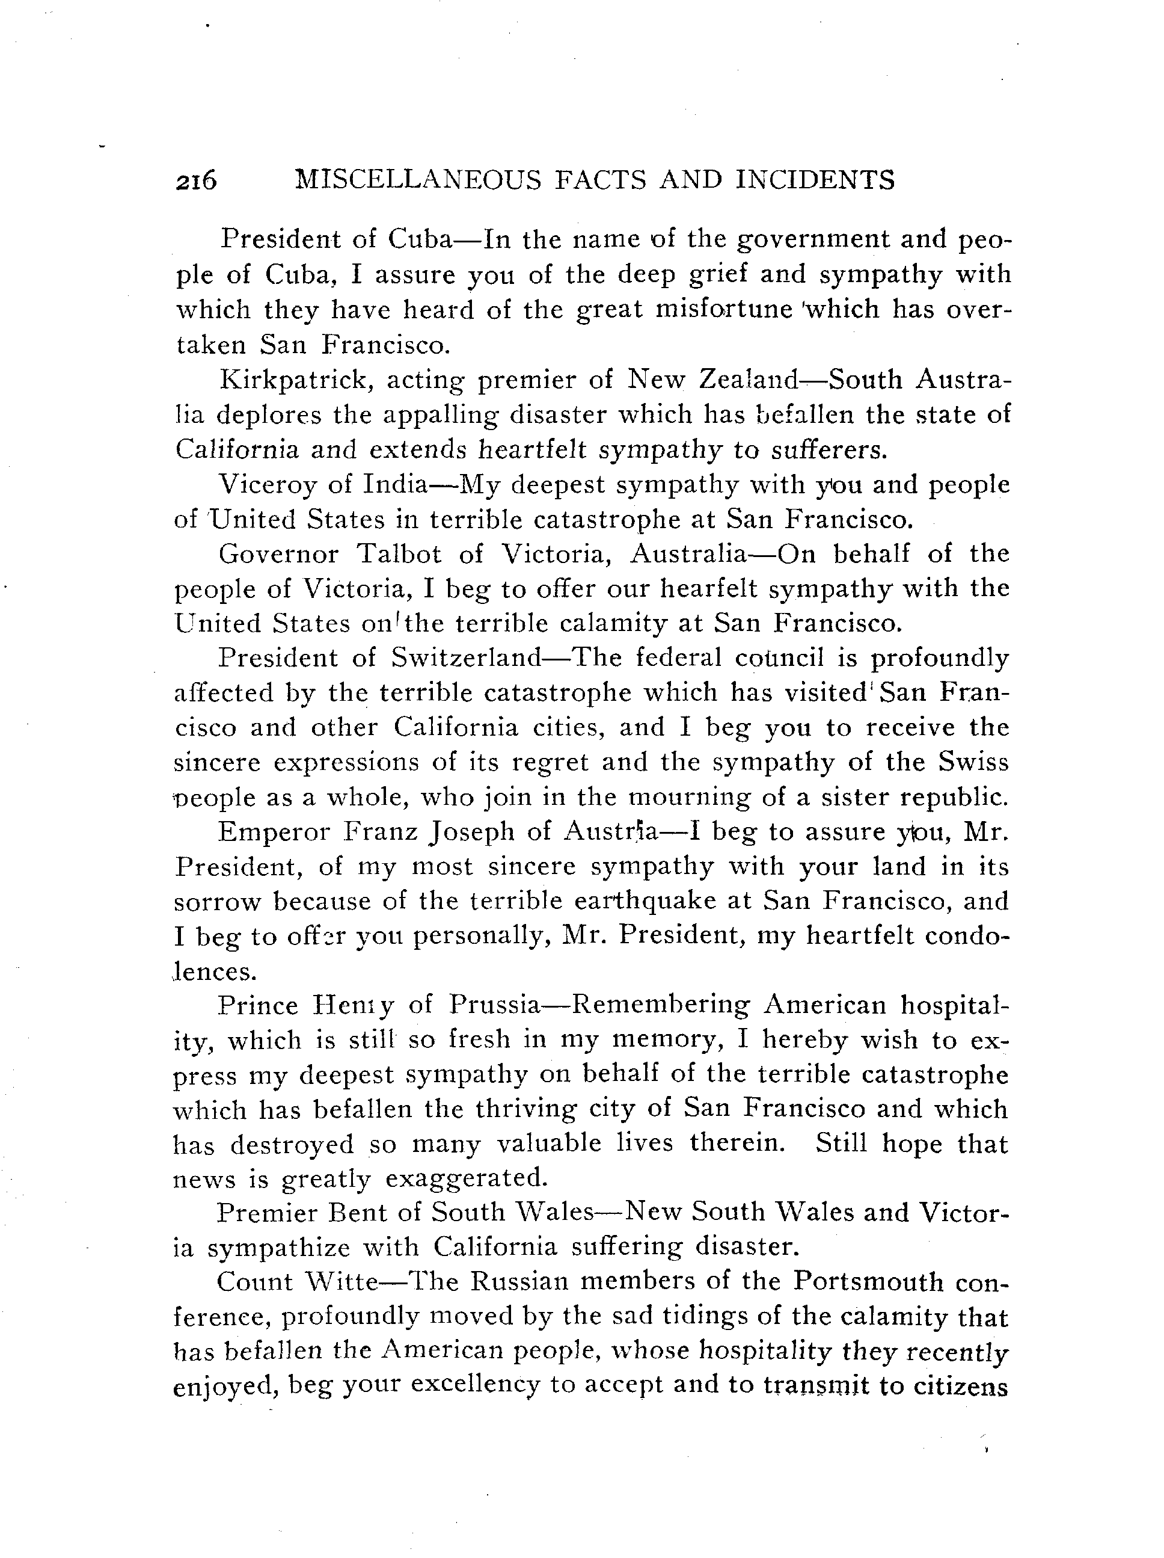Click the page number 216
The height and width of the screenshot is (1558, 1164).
[197, 181]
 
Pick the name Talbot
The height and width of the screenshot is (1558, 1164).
[399, 554]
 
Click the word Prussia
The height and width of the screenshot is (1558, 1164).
[494, 1005]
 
